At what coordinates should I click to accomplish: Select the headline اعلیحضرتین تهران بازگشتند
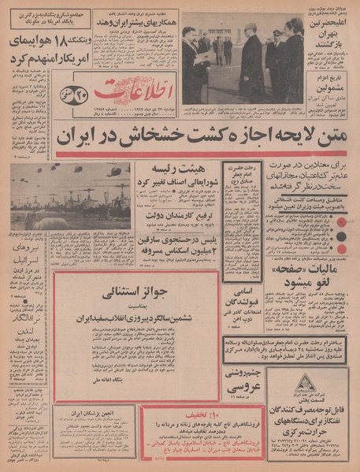click(x=332, y=44)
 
